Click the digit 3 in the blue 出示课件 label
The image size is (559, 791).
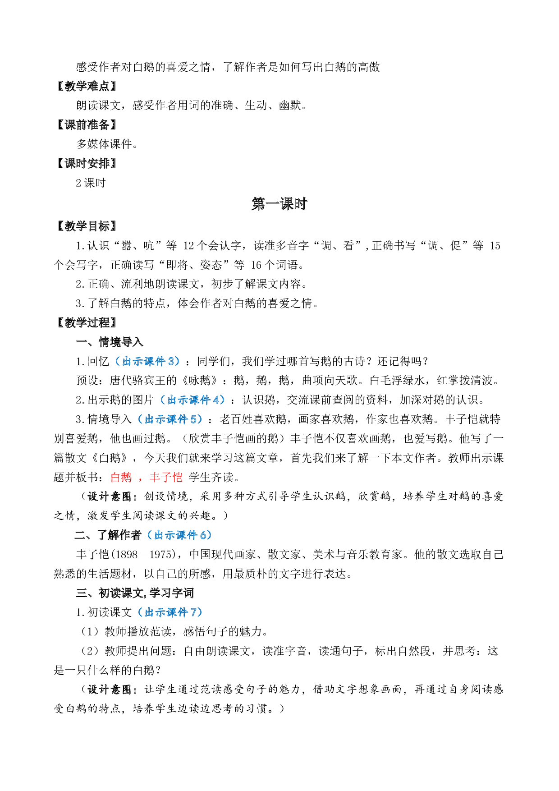(x=171, y=361)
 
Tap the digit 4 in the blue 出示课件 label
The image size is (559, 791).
(x=216, y=400)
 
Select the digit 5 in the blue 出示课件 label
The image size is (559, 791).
(x=193, y=419)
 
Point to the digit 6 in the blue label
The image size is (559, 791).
(x=203, y=535)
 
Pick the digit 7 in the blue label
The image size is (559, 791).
(x=193, y=612)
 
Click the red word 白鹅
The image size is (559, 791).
(x=121, y=478)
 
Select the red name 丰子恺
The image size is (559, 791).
(x=166, y=478)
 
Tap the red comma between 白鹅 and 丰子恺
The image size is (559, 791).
(x=140, y=479)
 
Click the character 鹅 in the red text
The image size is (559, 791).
(x=126, y=478)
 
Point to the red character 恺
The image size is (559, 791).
(x=177, y=478)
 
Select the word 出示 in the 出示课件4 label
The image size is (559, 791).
(x=177, y=400)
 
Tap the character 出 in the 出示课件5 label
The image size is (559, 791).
(x=149, y=419)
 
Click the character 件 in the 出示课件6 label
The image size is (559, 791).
(x=192, y=535)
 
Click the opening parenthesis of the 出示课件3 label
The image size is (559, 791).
(x=117, y=361)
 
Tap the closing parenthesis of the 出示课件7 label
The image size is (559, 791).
(x=200, y=612)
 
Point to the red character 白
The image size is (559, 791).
(x=115, y=478)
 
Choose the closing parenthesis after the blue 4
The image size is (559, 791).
(x=222, y=400)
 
